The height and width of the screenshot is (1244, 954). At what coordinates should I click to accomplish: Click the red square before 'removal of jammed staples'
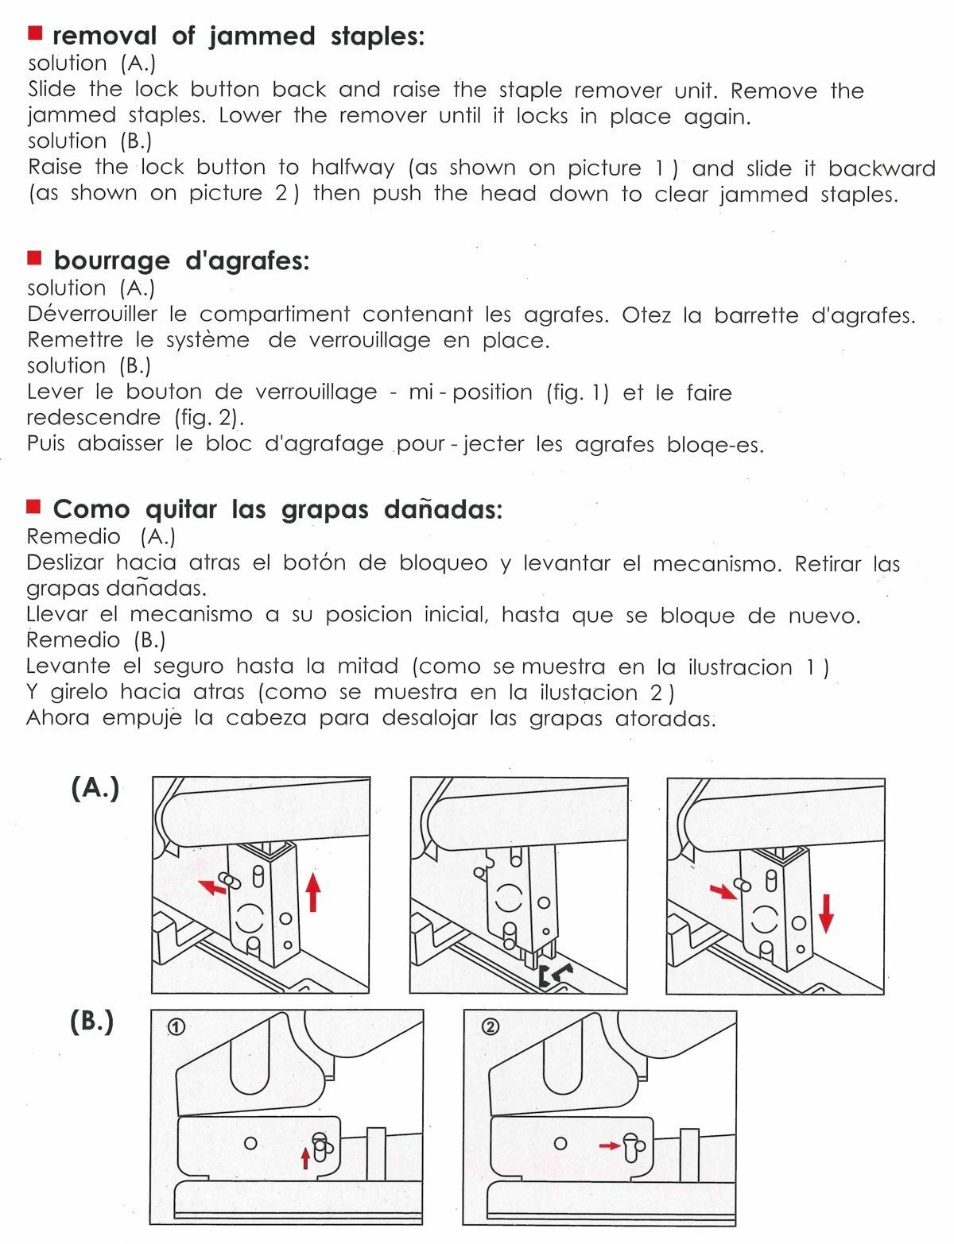click(34, 33)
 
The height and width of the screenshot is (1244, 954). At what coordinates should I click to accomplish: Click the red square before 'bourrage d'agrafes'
click(34, 257)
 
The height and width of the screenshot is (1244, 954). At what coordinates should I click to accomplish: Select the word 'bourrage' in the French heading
click(111, 261)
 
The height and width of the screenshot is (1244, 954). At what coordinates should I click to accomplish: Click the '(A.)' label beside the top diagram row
click(95, 788)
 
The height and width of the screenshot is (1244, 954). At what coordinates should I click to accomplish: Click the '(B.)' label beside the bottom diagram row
click(92, 1022)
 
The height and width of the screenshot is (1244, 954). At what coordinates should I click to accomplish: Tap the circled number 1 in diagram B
click(176, 1027)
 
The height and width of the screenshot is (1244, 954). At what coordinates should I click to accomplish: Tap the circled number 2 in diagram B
click(491, 1027)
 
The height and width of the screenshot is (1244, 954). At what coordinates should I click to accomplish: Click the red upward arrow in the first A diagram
click(313, 891)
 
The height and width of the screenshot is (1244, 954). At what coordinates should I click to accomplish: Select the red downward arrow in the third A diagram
click(826, 913)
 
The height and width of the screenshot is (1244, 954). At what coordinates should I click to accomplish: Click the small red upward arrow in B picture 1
click(305, 1157)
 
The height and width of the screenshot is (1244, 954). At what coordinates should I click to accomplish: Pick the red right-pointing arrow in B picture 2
click(610, 1145)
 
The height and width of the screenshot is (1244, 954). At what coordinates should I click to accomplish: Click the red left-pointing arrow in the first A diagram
click(211, 886)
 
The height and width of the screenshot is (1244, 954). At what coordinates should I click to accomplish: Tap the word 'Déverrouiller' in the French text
click(92, 314)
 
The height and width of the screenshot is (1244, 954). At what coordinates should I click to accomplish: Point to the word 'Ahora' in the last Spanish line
click(58, 718)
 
